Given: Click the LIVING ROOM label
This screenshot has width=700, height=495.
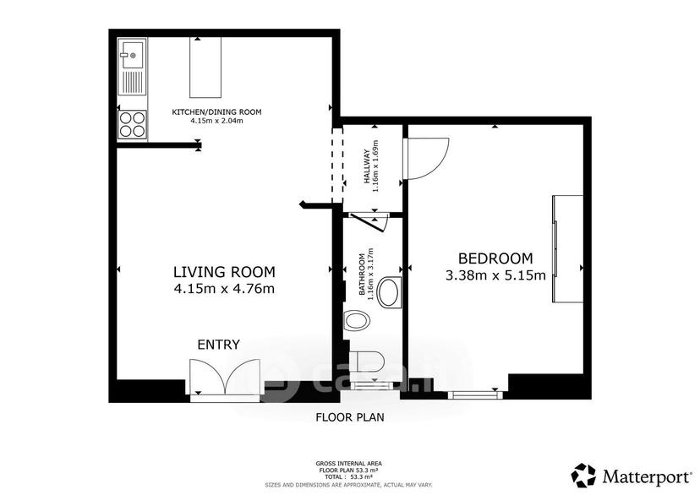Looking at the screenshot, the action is [x=224, y=272].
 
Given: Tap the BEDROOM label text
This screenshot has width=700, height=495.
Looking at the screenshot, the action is [x=495, y=258].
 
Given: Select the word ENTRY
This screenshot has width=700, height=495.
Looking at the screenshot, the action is [x=219, y=345].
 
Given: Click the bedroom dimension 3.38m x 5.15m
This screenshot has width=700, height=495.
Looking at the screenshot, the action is [x=495, y=275].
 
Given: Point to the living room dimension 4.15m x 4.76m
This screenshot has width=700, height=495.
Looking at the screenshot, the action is [x=224, y=289].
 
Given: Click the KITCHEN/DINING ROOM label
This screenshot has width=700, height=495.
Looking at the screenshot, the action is [x=217, y=112].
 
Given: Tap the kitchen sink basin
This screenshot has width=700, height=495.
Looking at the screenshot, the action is [x=132, y=54].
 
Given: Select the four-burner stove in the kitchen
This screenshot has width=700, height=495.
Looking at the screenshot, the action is [x=133, y=124].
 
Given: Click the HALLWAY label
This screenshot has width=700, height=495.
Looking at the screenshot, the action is [x=368, y=166].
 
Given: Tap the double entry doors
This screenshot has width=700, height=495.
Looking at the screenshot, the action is [x=225, y=377].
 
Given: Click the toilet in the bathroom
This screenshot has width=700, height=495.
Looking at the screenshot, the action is [x=366, y=362].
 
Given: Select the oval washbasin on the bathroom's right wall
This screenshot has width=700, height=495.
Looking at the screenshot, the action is [x=389, y=291].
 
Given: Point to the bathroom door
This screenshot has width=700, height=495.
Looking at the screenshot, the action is [x=369, y=221].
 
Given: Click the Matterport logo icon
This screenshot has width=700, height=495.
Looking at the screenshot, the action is [x=584, y=476].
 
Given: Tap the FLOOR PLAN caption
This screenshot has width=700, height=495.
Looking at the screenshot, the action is [x=350, y=417].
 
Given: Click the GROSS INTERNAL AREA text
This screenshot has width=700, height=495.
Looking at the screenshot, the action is [x=348, y=464].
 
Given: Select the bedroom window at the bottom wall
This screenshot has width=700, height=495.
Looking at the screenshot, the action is [x=475, y=394].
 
